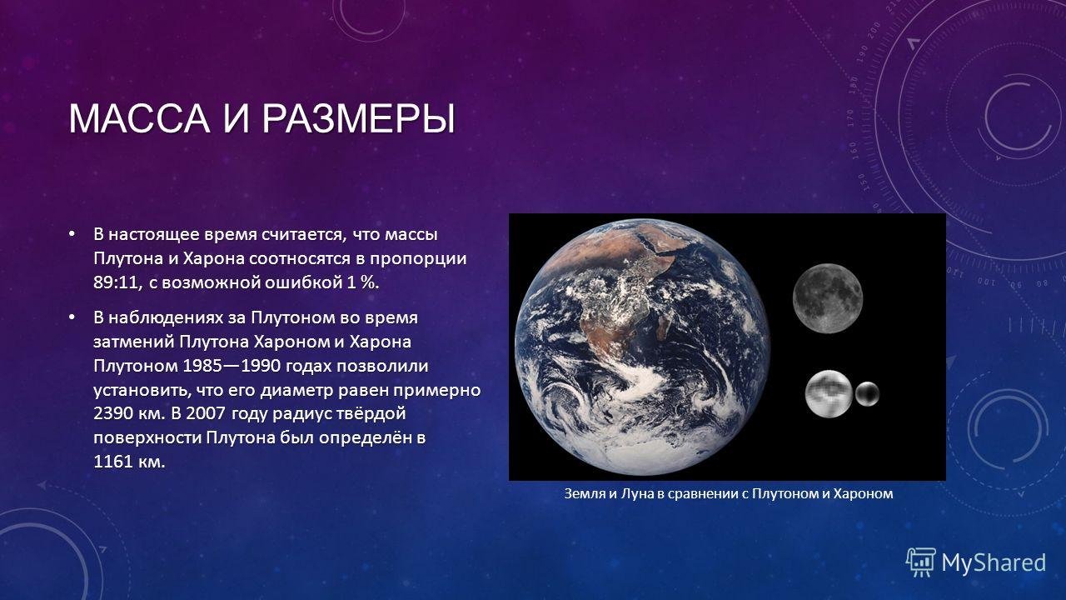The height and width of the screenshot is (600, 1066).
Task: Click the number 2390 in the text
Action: point(114,413)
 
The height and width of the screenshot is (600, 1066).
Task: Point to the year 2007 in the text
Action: point(205,413)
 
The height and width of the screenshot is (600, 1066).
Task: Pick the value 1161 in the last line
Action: point(113,462)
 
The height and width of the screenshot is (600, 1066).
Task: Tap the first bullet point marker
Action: point(72,234)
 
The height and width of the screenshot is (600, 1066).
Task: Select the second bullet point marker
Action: point(72,317)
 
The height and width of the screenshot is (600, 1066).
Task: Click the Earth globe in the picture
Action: point(642,347)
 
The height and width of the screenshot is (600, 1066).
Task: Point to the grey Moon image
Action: point(828,298)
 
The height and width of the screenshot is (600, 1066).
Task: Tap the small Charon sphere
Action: point(867,394)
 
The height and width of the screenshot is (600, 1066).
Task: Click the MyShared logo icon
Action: point(921,562)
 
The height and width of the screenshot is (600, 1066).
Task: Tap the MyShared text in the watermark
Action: point(994,563)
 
